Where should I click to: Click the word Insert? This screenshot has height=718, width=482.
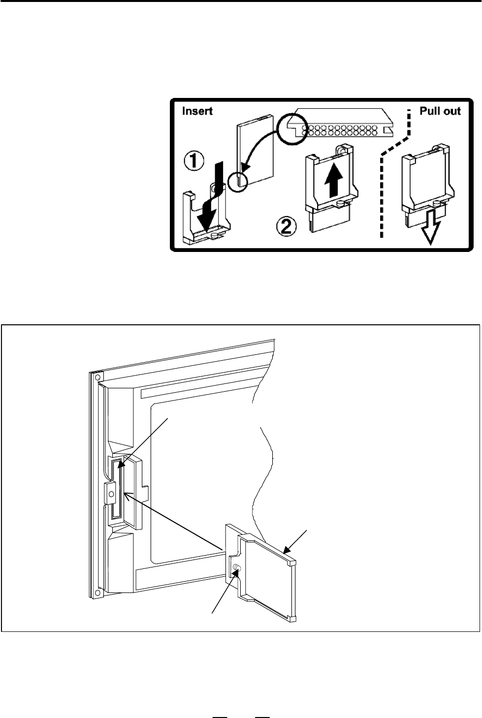point(197,111)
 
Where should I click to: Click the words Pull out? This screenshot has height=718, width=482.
point(440,111)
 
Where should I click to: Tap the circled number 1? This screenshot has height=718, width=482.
point(193,161)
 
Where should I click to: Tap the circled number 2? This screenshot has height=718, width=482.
point(287,226)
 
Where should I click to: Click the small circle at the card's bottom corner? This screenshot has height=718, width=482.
point(238,182)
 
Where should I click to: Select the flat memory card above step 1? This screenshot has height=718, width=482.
point(255,150)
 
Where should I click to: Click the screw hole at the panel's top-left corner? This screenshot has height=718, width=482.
point(98,376)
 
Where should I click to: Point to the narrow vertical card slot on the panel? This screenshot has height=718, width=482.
point(117,490)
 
